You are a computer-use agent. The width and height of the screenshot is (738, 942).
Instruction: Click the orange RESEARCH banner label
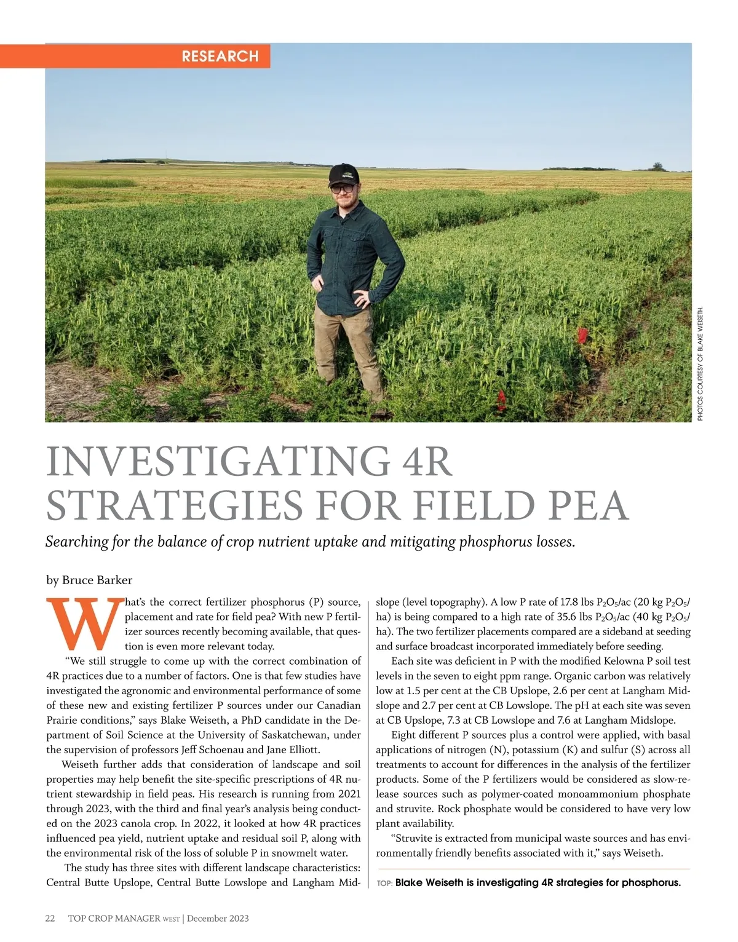coord(220,57)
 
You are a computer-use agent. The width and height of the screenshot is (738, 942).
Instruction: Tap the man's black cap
coord(343,175)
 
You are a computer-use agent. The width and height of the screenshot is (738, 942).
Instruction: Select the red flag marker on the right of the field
coord(582,334)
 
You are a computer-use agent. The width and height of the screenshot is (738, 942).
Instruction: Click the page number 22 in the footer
coord(50,918)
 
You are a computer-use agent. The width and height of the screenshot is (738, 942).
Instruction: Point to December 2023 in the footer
coord(218,918)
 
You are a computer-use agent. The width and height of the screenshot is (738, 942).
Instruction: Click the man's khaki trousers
coord(347,347)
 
